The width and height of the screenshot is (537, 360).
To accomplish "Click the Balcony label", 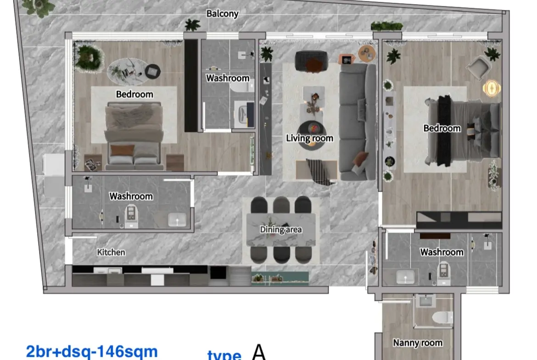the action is (222, 14).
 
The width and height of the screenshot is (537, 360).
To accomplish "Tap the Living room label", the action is (310, 138).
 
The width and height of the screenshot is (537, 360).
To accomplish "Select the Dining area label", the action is (281, 229).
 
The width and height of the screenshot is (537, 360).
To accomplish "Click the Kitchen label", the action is (111, 252).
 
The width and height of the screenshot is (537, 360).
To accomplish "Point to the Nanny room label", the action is (418, 343).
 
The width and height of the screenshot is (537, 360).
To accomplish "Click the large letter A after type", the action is (258, 352).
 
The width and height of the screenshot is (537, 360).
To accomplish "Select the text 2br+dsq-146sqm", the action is (92, 351).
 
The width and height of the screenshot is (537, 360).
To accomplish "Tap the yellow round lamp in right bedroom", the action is (492, 89).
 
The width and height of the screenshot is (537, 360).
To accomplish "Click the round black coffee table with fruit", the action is (312, 135).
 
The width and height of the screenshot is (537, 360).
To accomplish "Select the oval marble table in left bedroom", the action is (128, 72).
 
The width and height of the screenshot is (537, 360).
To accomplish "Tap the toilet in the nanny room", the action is (442, 317).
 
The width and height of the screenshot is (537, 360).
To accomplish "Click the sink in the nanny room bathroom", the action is (425, 301).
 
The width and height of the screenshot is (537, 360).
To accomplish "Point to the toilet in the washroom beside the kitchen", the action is (131, 215).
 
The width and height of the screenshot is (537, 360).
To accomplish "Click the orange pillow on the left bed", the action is (122, 150).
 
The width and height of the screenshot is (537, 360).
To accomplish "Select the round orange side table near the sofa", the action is (367, 54).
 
